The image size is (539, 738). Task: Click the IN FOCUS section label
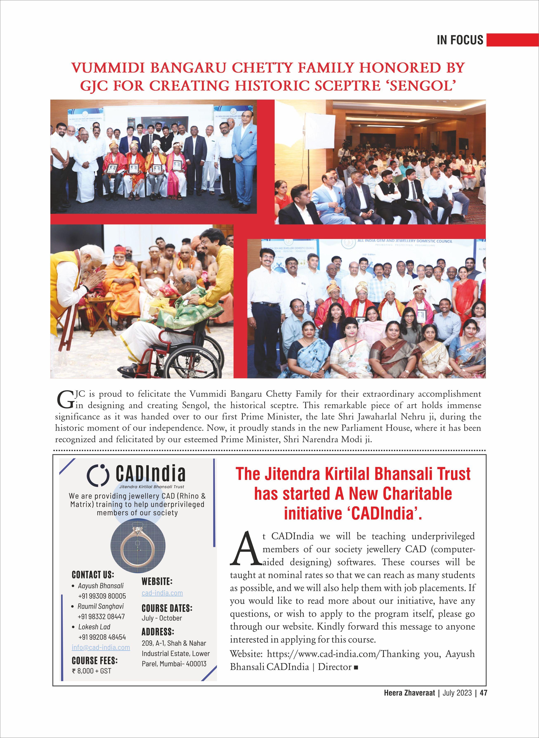[x=460, y=40]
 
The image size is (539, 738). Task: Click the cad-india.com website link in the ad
[x=162, y=593]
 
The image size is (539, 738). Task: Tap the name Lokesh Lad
[x=94, y=627]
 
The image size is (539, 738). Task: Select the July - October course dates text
[x=162, y=618]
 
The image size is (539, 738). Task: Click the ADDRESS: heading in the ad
[x=158, y=632]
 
